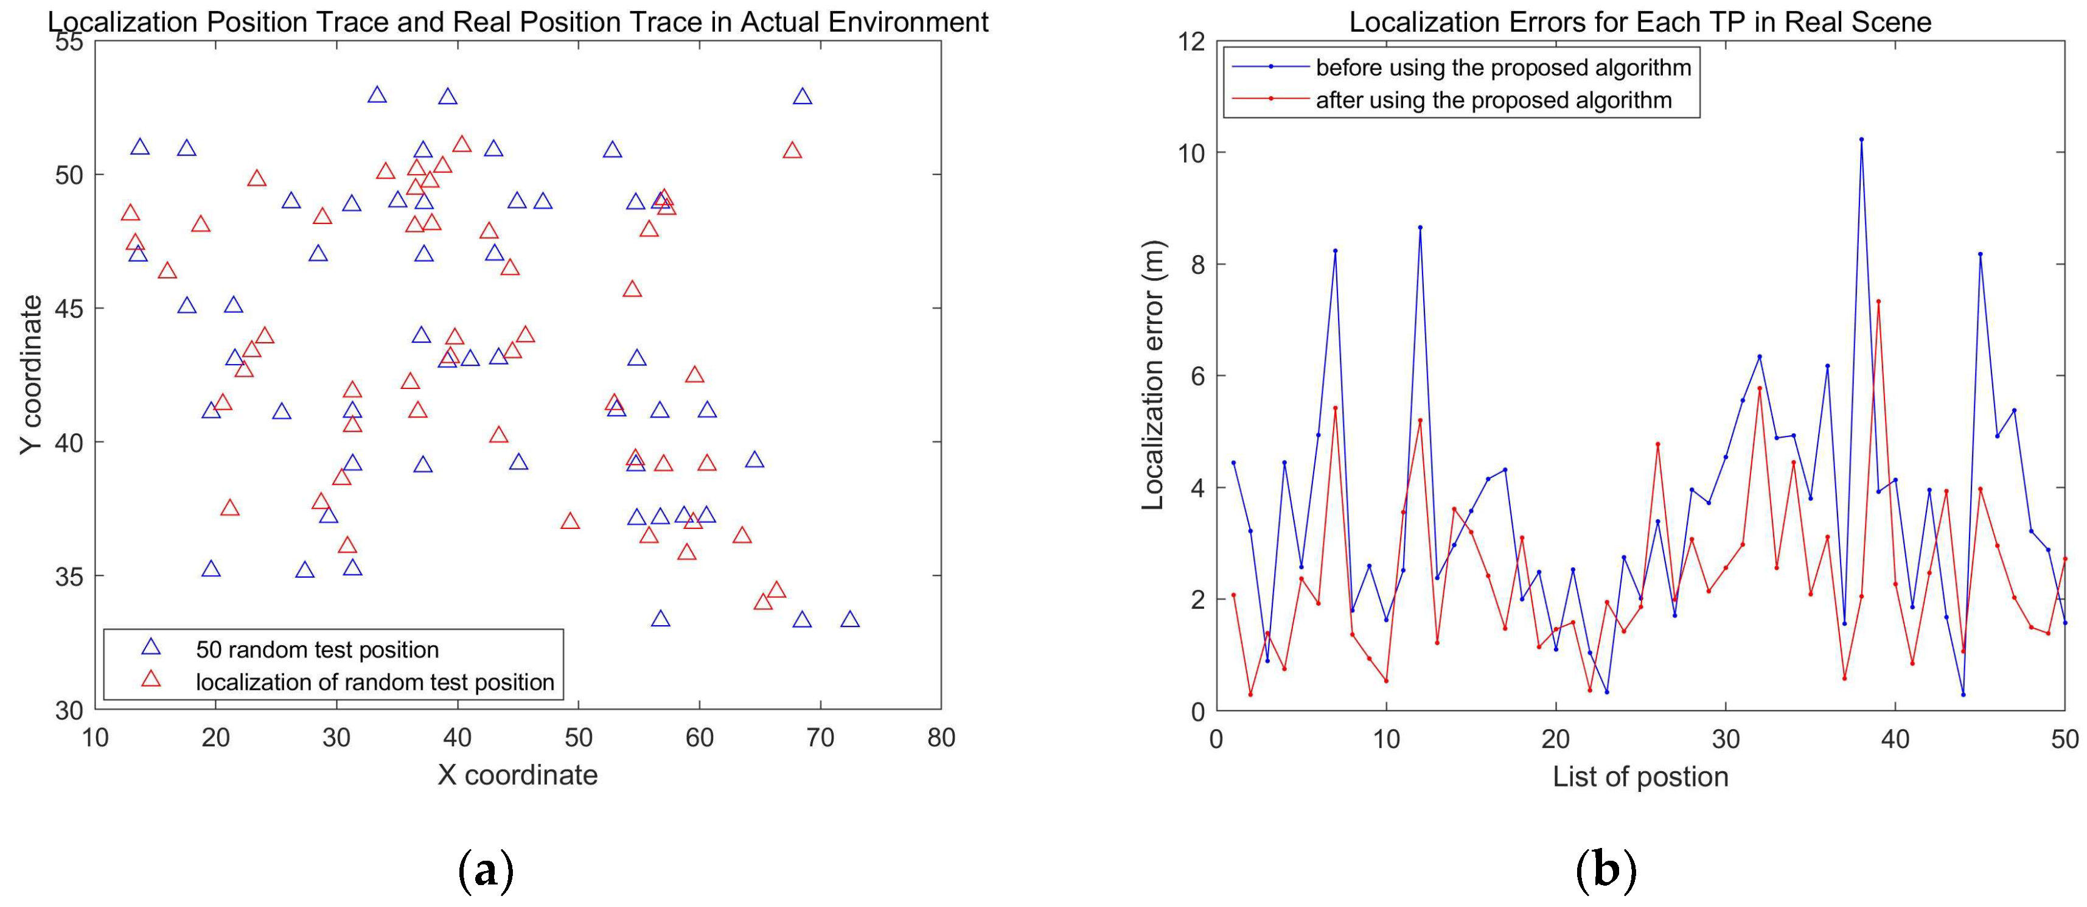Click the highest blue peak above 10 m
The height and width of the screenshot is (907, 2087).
1861,139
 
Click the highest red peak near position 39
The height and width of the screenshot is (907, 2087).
1878,301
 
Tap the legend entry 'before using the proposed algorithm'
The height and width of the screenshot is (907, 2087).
1503,68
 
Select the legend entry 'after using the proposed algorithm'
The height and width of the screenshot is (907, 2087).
1493,100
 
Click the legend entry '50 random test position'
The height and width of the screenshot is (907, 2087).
317,650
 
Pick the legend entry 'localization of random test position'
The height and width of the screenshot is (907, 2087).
374,682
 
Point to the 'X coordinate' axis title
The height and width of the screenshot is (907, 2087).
518,775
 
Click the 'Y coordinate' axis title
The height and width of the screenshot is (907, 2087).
31,374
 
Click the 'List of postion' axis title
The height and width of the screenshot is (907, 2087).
1640,777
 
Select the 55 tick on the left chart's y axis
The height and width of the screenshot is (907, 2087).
69,41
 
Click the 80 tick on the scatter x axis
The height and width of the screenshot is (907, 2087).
941,738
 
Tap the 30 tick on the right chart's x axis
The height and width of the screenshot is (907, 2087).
1726,738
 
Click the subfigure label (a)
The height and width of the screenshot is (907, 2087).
486,872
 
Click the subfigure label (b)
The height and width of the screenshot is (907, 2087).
1606,872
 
